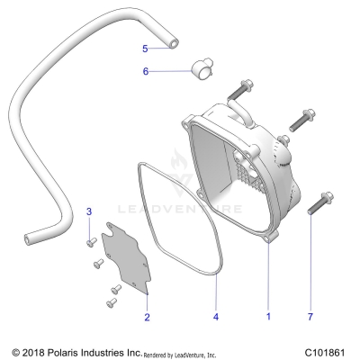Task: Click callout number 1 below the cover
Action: point(267,316)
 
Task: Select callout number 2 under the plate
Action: point(148,316)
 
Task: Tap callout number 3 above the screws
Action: point(89,211)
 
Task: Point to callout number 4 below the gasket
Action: point(215,316)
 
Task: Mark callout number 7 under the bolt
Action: point(311,316)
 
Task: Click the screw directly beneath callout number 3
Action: point(90,242)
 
